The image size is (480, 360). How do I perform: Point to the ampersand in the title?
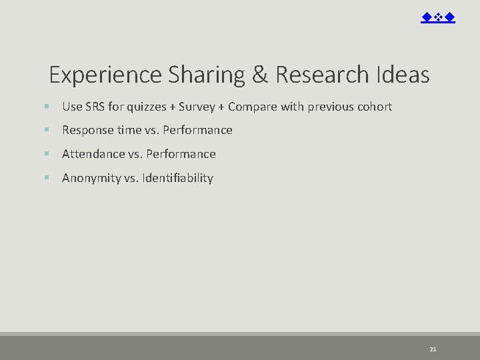pos(260,75)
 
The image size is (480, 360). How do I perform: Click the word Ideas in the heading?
pos(403,75)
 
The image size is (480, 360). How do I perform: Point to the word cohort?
pos(375,107)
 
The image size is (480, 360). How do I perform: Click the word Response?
pos(87,130)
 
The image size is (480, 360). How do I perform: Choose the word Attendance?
pos(93,154)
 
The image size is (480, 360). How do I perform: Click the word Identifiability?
pos(177,178)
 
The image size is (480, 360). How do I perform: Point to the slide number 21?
pos(433,349)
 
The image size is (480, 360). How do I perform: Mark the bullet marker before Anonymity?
pos(47,178)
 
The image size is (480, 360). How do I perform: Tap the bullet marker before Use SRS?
pos(47,107)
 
